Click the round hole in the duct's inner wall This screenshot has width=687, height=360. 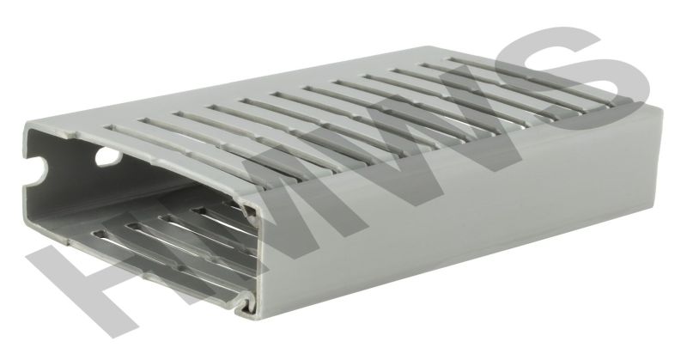click(107, 156)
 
